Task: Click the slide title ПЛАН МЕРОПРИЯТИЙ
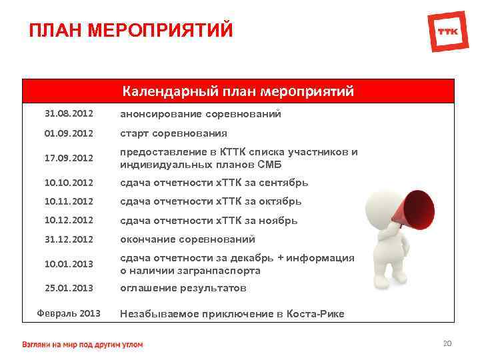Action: tap(131, 31)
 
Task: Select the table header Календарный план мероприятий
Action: tap(237, 91)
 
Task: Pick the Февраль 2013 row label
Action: tap(68, 313)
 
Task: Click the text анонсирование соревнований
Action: tap(200, 114)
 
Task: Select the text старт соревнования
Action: tap(173, 133)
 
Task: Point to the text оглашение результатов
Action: tap(183, 288)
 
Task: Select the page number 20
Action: tap(447, 343)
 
